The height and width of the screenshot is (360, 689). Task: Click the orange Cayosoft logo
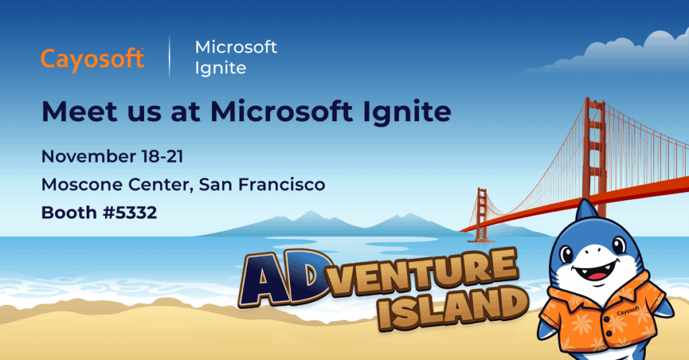point(92,59)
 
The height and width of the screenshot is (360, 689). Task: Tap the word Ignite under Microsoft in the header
point(220,69)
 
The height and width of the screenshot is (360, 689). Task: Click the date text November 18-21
point(112,157)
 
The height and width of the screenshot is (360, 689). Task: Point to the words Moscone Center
point(114,184)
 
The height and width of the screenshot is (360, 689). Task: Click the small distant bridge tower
point(481,214)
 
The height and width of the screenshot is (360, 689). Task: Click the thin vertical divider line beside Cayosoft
point(169,58)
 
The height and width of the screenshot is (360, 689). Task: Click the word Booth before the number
point(69,213)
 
